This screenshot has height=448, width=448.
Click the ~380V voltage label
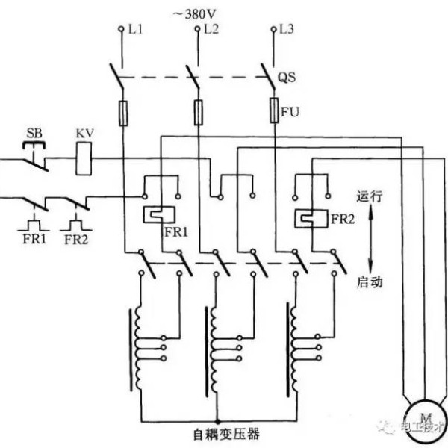pos(195,14)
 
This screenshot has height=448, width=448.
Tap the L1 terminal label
pos(135,29)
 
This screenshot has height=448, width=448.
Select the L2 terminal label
pos(211,29)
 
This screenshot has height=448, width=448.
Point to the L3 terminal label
pos(286,29)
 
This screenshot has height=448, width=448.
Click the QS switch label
pos(287,78)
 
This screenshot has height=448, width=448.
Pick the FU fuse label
pos(290,112)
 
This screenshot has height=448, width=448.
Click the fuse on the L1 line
pos(123,113)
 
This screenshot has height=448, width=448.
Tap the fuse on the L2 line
pos(199,113)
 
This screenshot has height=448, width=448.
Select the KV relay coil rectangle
pos(84,158)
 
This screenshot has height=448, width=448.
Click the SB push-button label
pos(34,134)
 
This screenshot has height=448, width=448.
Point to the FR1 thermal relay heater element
pos(160,214)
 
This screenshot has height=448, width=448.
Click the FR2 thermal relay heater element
pos(311,219)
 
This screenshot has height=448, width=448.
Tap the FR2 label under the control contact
pos(76,240)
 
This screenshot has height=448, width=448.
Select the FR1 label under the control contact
pos(34,239)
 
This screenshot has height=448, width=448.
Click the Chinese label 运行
pos(370,197)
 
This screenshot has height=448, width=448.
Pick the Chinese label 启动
pos(370,282)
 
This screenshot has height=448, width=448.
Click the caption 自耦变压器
pos(226,434)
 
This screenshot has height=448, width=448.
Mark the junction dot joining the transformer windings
pos(218,421)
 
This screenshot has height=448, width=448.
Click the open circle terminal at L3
pos(274,29)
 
